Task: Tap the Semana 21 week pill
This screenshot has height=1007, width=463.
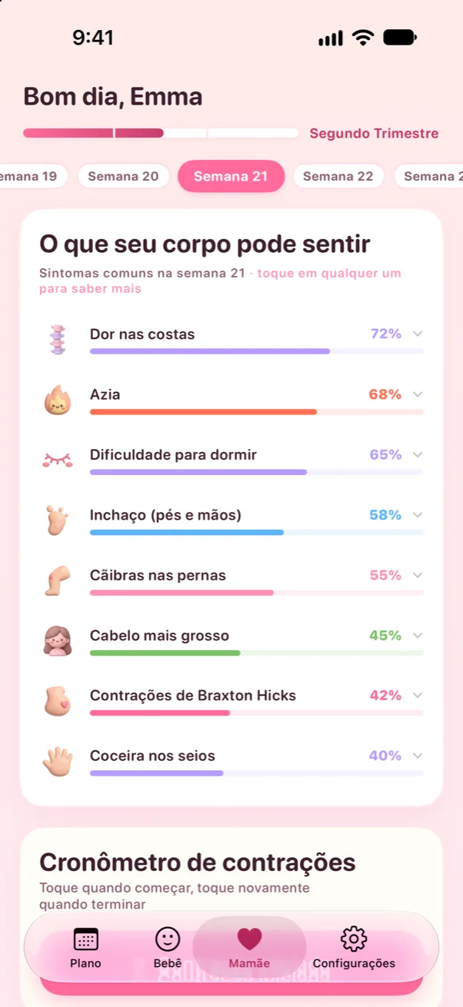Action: [231, 176]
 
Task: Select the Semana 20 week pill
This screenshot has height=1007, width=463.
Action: [123, 176]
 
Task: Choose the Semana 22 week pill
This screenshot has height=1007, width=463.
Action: [338, 176]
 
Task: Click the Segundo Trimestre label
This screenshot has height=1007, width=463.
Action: [374, 134]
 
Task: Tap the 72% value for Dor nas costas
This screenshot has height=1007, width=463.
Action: [385, 334]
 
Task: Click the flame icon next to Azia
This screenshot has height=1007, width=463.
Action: [58, 400]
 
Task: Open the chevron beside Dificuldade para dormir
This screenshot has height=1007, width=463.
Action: [418, 454]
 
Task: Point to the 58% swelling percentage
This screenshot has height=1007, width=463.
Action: [385, 515]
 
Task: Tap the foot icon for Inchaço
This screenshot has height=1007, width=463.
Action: [57, 520]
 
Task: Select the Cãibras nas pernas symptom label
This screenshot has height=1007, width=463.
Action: [158, 576]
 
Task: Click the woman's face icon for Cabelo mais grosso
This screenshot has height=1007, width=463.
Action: [58, 640]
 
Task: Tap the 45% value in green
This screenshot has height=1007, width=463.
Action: [385, 635]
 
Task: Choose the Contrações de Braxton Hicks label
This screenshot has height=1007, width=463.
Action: [193, 696]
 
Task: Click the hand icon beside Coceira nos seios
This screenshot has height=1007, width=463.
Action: [58, 761]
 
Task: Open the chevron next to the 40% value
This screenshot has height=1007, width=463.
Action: [418, 755]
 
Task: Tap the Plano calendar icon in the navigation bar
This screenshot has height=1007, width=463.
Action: [85, 939]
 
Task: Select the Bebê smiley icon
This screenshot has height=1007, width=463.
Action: [168, 939]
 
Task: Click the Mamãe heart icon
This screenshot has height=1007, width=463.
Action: [250, 939]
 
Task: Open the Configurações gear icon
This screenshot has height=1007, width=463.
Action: [354, 939]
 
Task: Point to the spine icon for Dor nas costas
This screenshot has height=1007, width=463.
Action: [58, 340]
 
